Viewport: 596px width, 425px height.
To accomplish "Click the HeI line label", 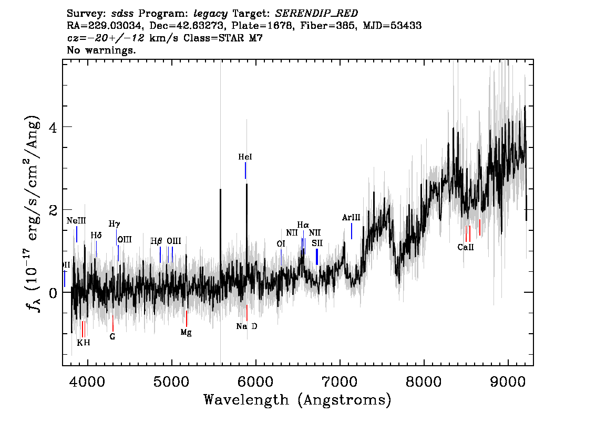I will click(x=245, y=157).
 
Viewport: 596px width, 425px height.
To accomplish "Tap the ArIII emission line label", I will click(x=351, y=217).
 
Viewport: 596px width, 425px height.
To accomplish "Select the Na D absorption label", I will click(x=246, y=326).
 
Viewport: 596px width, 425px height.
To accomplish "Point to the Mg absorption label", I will click(x=186, y=332).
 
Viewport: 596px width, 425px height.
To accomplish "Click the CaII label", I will click(x=465, y=247).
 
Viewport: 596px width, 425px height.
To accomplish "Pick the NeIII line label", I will click(x=76, y=221).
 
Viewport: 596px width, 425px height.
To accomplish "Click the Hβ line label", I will click(x=157, y=241).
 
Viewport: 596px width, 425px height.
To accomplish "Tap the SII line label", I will click(x=317, y=243).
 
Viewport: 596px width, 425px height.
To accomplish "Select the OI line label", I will click(x=281, y=244).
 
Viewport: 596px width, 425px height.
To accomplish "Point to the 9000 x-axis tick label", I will click(x=508, y=380).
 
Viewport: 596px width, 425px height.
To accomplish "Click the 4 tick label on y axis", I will click(x=52, y=127).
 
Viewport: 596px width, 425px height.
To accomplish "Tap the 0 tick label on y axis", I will click(x=52, y=292).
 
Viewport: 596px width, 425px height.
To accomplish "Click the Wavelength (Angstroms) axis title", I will click(x=297, y=400).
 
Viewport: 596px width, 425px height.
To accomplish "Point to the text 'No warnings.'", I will click(x=101, y=50).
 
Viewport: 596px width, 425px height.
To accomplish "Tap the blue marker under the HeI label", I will click(x=245, y=171).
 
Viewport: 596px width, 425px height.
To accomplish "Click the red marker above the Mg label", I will click(x=187, y=318).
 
